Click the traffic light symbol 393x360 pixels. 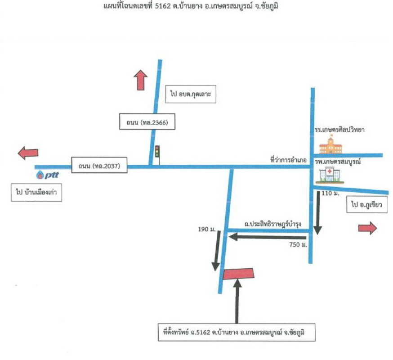click(157, 151)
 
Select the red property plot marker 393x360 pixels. click(238, 274)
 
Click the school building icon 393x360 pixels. click(331, 145)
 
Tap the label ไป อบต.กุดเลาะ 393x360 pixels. click(191, 94)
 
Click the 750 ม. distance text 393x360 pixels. click(298, 245)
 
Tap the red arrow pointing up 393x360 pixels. click(141, 80)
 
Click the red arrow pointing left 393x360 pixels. click(28, 153)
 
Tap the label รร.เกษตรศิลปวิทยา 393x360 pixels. click(339, 130)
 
